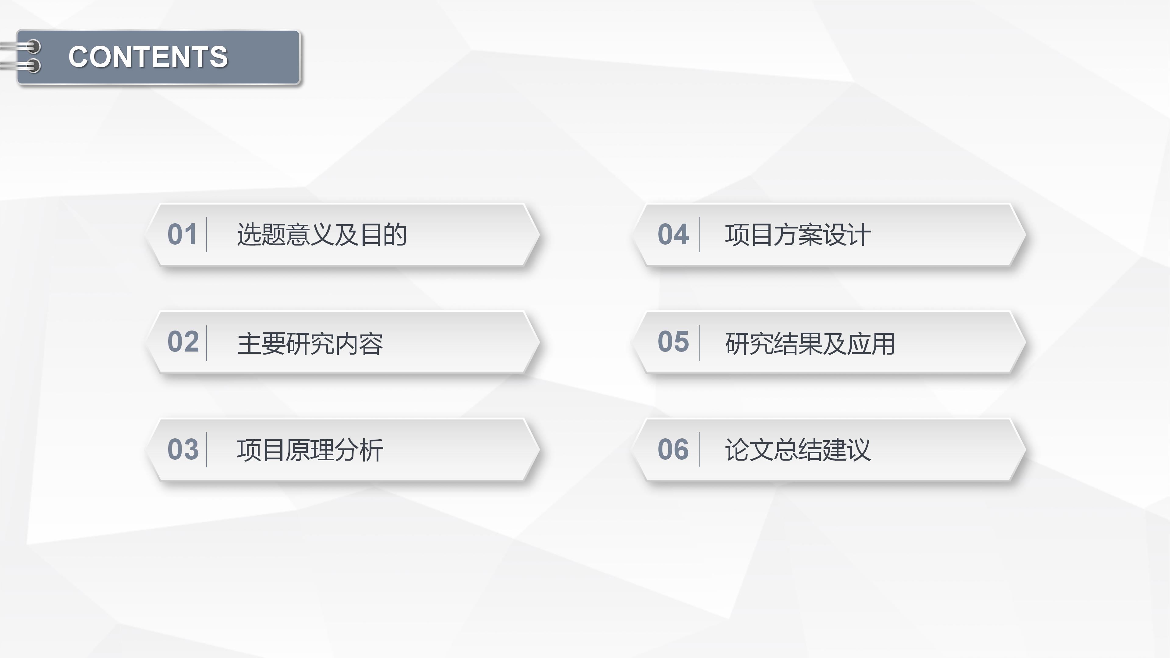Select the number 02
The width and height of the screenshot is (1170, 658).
[183, 341]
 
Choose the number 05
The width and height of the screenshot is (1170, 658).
[673, 341]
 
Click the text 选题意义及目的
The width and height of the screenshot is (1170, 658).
[321, 235]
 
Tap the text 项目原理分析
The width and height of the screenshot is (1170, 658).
[310, 450]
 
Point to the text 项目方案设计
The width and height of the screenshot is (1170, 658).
[798, 235]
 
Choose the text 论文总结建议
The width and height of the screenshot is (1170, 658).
[798, 450]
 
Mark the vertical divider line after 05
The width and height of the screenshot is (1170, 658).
[699, 343]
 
